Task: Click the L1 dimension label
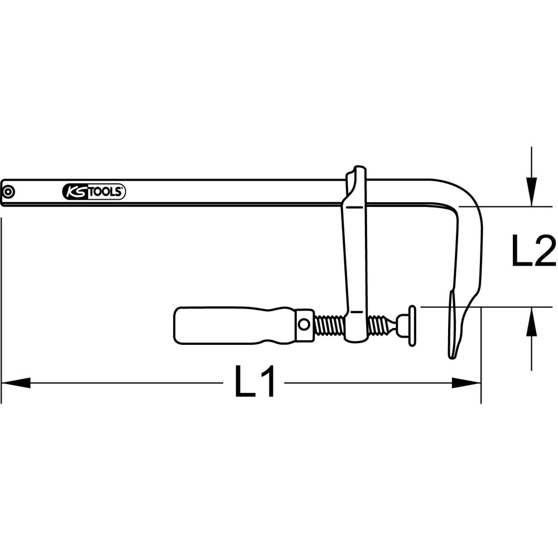click(255, 381)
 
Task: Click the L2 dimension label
click(533, 250)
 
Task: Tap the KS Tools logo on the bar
click(94, 192)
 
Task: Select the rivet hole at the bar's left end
click(7, 192)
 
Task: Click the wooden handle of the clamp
click(235, 325)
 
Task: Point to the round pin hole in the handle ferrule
click(304, 324)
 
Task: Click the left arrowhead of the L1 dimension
click(16, 383)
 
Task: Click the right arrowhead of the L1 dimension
click(466, 383)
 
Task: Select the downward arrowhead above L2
click(531, 191)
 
